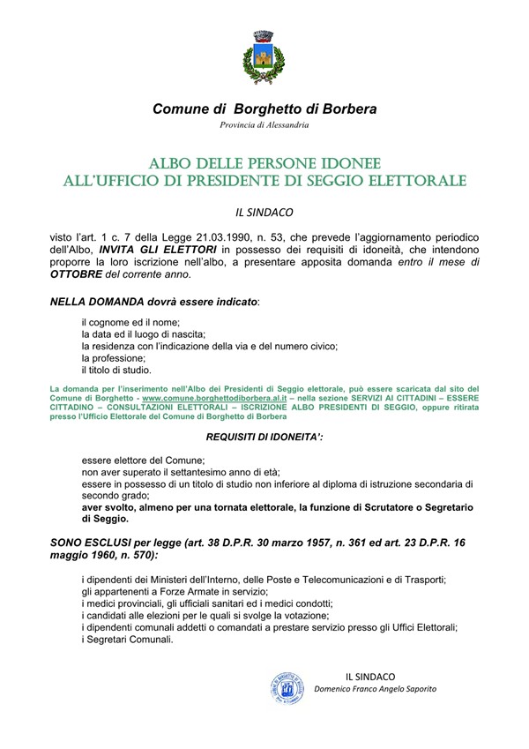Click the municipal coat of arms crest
click(x=264, y=56)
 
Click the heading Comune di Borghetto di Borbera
click(x=264, y=109)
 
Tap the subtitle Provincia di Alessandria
click(x=264, y=125)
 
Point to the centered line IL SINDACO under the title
click(x=264, y=212)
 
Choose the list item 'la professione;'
click(x=113, y=359)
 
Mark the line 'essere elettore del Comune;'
click(x=143, y=461)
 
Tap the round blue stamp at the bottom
click(x=288, y=685)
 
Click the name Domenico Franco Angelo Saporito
click(x=376, y=689)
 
